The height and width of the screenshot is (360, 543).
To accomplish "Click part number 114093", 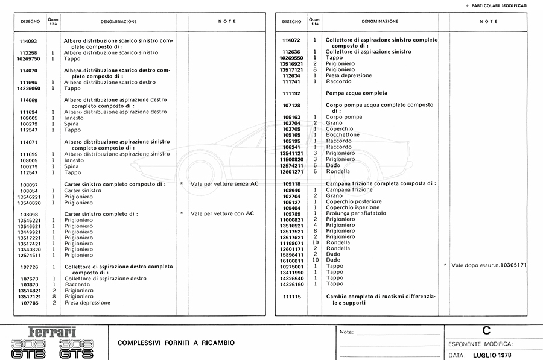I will [29, 41].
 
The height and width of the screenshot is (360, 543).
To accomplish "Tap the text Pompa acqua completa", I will [357, 93].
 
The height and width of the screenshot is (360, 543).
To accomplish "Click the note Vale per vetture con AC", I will [222, 213].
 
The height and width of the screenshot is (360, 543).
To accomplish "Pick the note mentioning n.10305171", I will [489, 265].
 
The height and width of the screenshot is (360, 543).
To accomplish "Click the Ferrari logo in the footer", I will [52, 332].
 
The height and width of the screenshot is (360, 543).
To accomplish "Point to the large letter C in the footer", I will [486, 330].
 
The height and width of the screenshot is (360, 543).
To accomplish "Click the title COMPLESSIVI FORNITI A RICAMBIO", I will [176, 343].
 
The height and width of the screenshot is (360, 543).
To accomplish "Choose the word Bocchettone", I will [343, 135].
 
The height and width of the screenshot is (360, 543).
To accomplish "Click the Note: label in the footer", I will [346, 332].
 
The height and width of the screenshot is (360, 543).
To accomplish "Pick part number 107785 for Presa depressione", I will [29, 303].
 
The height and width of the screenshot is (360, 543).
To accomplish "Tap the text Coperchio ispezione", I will [353, 207].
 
